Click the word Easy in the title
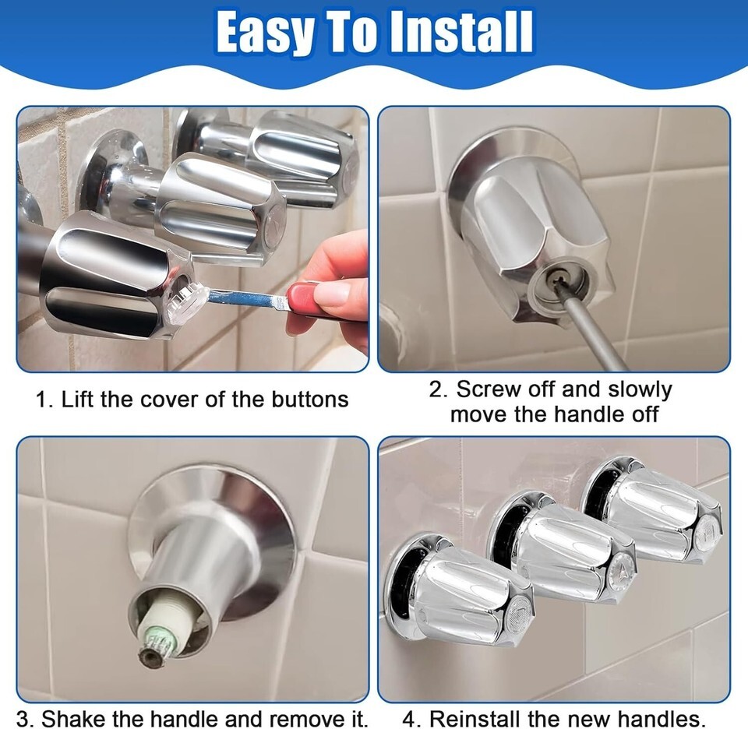pos(264,33)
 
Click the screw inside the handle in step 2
pos(555,277)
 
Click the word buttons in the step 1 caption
pos(310,400)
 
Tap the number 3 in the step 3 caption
pos(23,718)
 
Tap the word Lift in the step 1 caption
pos(78,400)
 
